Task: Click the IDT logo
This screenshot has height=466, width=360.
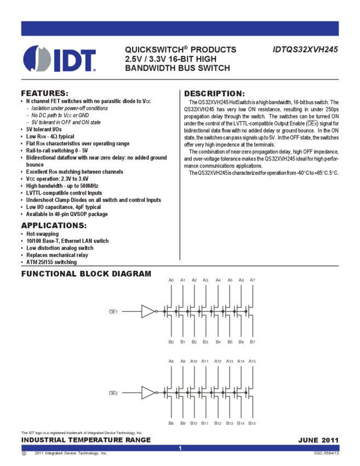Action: click(60, 59)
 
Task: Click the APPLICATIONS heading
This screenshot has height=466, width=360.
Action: click(53, 225)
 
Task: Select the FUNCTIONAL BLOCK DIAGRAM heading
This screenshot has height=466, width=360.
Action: click(86, 274)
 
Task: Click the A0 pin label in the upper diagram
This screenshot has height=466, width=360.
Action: click(171, 280)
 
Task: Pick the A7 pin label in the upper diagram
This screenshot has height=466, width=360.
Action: click(252, 280)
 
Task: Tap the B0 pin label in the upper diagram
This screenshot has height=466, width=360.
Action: click(171, 342)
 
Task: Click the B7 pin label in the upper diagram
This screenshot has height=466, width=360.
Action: click(252, 342)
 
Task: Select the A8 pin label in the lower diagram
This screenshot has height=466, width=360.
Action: click(171, 361)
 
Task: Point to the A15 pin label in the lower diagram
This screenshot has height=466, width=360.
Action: click(252, 361)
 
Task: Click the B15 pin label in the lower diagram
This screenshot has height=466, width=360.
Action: click(252, 424)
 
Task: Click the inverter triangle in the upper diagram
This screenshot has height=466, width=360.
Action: click(148, 311)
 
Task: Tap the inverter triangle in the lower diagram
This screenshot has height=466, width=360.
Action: click(148, 393)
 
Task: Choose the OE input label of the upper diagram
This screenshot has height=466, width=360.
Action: click(113, 311)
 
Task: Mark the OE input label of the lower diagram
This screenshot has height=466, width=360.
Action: click(113, 393)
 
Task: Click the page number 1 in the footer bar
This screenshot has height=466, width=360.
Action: click(180, 448)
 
